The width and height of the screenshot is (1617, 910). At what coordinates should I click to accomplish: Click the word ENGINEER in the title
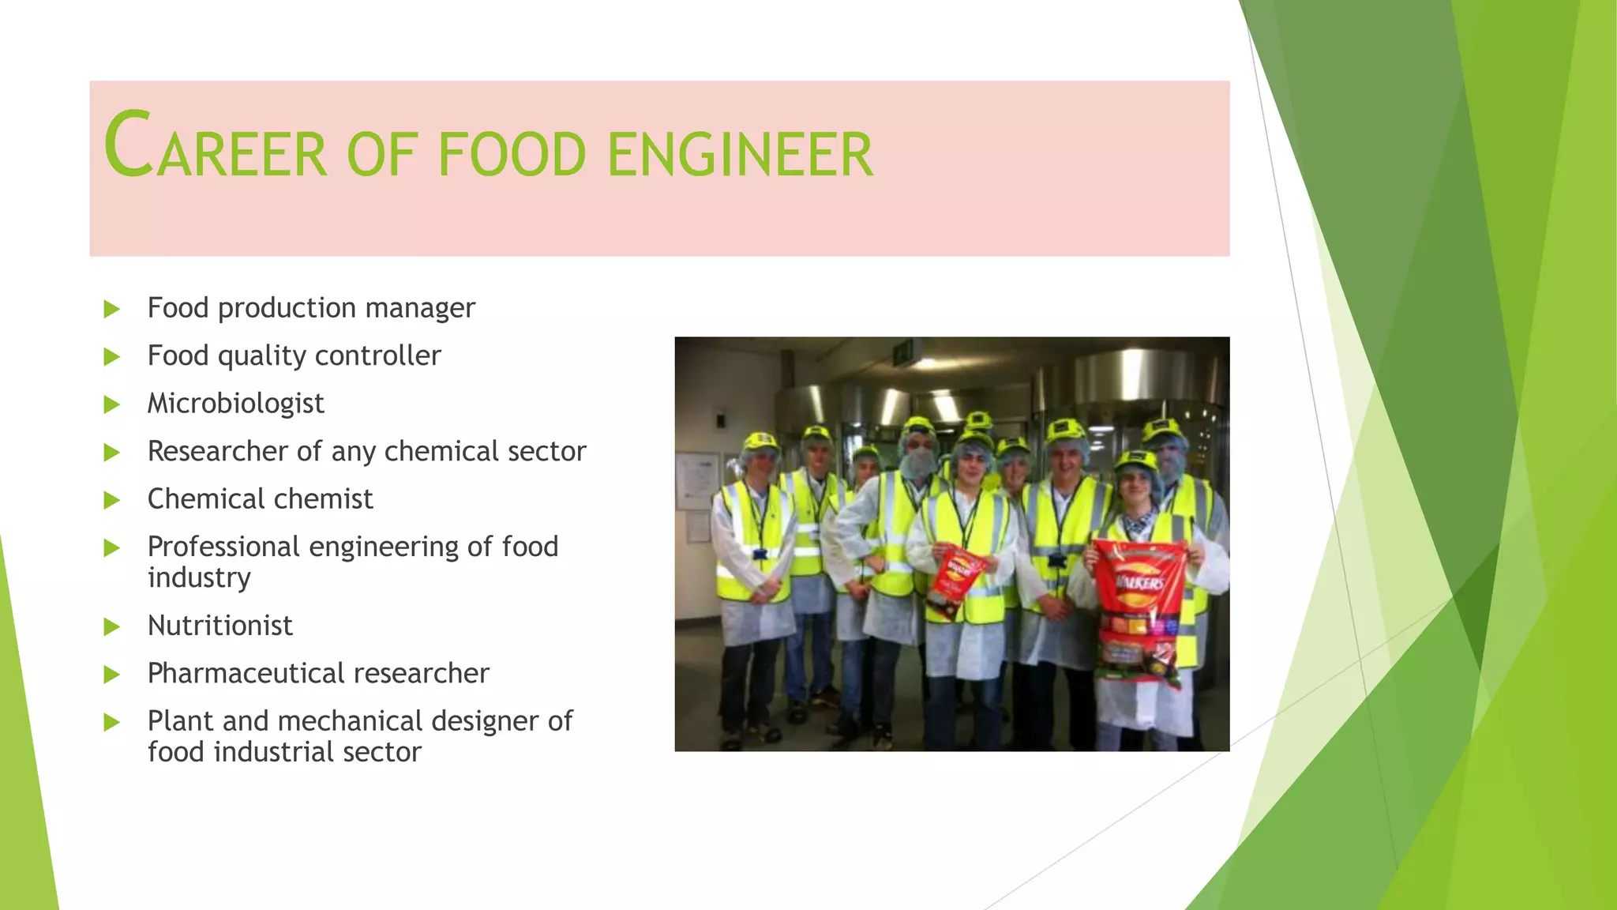coord(740,155)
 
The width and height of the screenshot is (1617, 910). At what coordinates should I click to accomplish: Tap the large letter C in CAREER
coord(128,145)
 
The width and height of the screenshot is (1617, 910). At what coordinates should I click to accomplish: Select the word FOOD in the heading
coord(512,155)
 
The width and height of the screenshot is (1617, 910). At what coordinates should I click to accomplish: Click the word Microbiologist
coord(235,404)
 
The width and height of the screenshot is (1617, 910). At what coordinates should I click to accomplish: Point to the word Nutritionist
coord(219,626)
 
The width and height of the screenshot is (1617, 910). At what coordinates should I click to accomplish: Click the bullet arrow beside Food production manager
coord(112,309)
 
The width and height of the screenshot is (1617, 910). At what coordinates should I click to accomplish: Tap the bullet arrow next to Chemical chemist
coord(112,500)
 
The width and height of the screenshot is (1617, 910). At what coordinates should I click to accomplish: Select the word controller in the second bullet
coord(377,355)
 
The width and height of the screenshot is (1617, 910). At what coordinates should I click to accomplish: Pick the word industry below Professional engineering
coord(199,577)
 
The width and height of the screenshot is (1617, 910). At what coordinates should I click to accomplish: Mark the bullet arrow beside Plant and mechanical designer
coord(112,722)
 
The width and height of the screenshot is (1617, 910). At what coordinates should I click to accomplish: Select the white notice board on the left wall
coord(697,482)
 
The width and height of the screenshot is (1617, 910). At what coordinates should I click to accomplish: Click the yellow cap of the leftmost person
coord(760,442)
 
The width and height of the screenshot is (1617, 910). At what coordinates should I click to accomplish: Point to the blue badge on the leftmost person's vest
coord(760,554)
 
